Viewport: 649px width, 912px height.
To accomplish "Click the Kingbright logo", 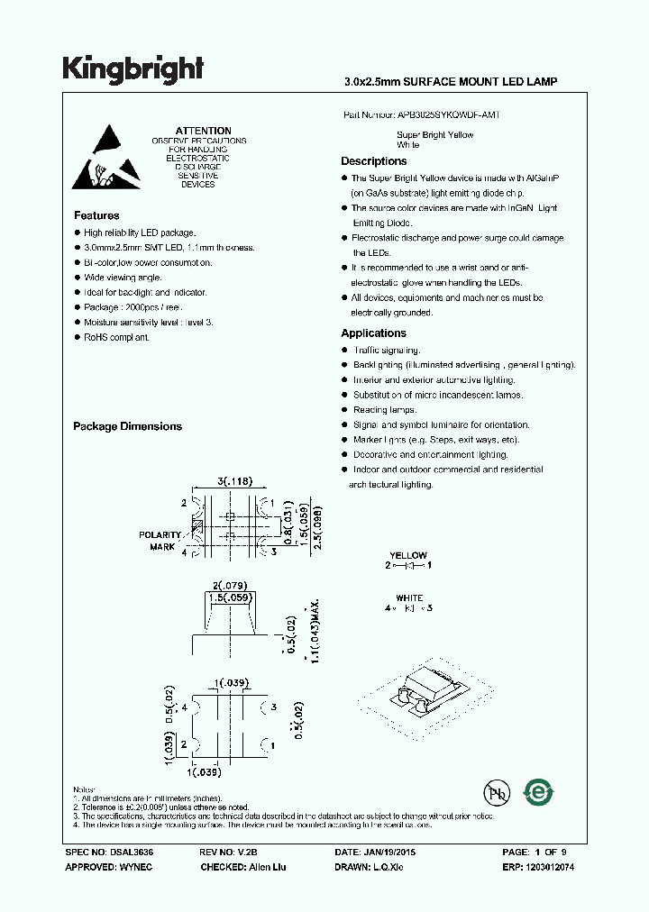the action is point(133,68).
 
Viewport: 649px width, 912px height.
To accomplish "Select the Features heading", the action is point(96,216).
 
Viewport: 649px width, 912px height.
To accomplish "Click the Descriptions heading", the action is point(373,161).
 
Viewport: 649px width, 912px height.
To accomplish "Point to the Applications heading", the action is point(373,333).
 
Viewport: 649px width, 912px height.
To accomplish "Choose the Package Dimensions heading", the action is point(127,427).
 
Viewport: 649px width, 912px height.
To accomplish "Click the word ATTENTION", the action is point(203,132).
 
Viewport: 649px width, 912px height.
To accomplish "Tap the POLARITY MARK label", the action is point(160,541).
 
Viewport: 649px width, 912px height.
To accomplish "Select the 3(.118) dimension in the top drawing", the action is point(234,481).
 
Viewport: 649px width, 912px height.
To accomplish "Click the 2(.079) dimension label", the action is point(232,584).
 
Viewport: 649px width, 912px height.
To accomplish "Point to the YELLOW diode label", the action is point(408,555).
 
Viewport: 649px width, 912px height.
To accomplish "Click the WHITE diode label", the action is point(409,598).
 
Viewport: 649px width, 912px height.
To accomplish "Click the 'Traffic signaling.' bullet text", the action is point(387,351).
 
